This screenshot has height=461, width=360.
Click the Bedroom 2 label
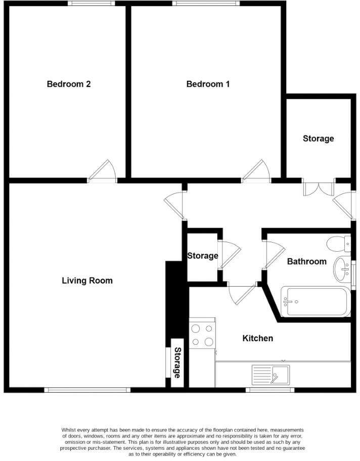point(69,84)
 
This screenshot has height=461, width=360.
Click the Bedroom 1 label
point(208,84)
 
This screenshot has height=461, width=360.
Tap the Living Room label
point(87,281)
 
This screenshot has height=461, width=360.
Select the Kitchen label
point(258,338)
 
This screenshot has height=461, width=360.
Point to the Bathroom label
point(307,261)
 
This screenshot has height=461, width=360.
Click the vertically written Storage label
point(177,362)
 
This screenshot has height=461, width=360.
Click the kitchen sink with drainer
point(271,375)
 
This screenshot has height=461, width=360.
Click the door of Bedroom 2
point(103,171)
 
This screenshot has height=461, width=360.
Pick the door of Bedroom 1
point(256,171)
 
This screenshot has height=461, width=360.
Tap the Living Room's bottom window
point(87,390)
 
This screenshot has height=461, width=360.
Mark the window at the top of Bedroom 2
point(92,4)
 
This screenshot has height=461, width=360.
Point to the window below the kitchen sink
point(271,390)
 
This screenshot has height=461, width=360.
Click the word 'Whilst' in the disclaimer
point(70,430)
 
